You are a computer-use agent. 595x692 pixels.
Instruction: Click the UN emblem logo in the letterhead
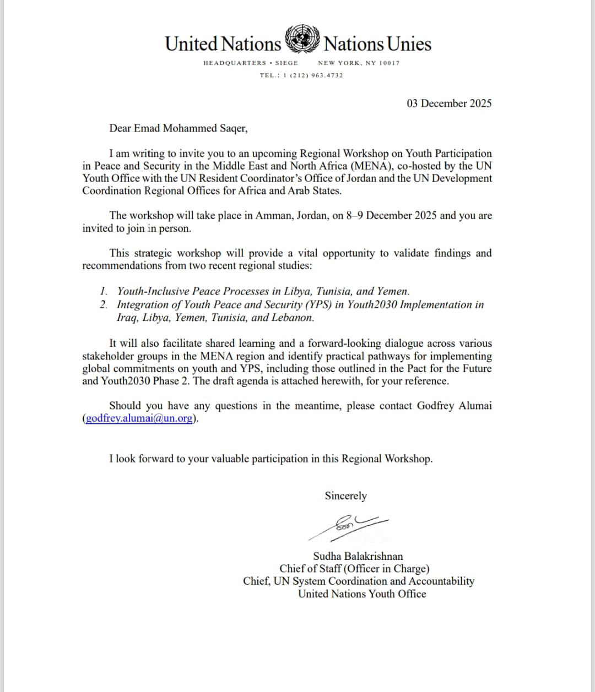302,40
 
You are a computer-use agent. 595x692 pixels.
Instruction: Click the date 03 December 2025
449,103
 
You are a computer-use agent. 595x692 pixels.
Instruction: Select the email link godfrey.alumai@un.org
139,418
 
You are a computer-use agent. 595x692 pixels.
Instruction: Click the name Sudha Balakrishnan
358,556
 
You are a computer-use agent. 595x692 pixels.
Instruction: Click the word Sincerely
345,496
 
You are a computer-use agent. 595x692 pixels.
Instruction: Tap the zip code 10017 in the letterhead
390,63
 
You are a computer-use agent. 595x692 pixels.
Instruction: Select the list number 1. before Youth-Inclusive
104,292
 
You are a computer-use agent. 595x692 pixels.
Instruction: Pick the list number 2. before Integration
104,305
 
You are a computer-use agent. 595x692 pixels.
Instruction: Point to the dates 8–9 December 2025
392,216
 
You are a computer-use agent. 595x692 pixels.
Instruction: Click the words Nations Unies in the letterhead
377,44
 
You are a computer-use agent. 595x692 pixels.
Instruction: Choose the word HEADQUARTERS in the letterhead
235,63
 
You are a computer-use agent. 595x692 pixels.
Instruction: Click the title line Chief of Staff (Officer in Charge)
354,569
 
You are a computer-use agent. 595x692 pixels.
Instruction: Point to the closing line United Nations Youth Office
362,594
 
